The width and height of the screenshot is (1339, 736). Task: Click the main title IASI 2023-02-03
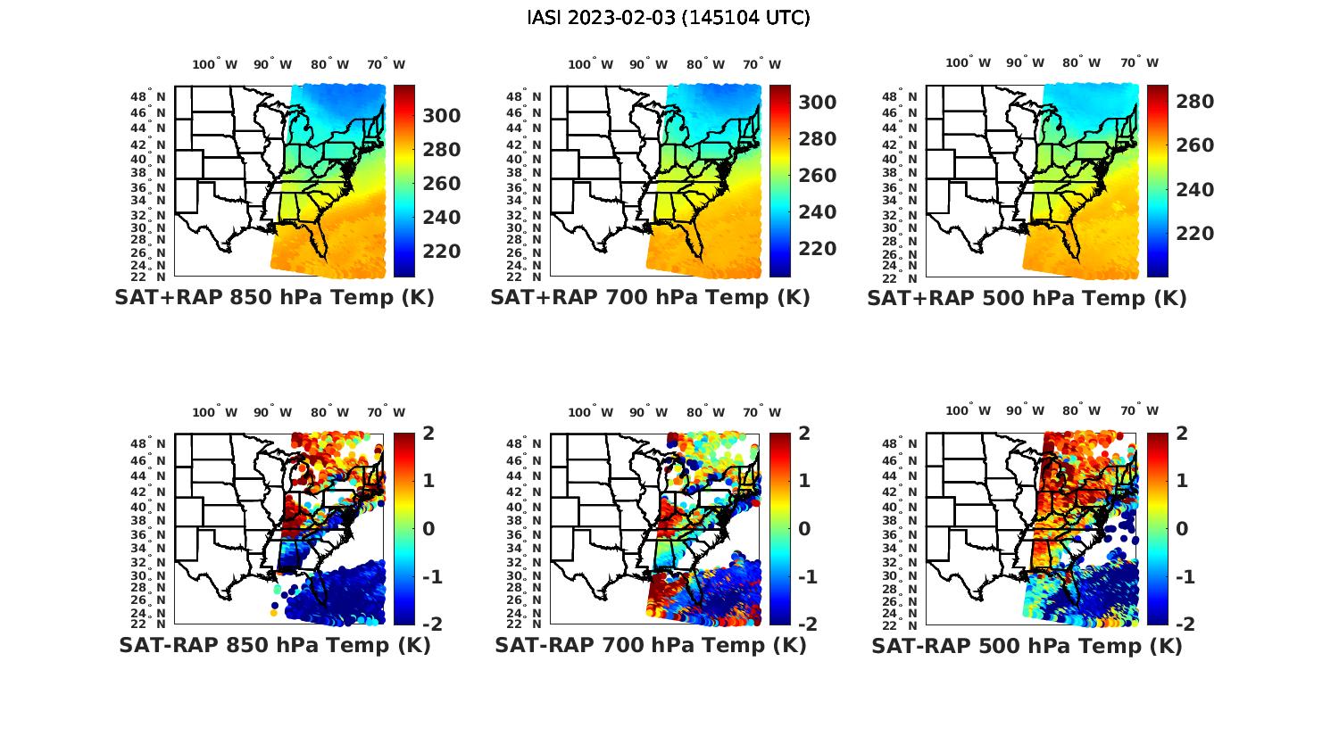(669, 18)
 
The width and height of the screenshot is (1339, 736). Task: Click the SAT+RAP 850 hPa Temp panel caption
(274, 298)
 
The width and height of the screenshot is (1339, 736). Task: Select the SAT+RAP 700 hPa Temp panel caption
(650, 298)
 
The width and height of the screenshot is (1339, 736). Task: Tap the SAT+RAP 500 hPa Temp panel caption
(1027, 299)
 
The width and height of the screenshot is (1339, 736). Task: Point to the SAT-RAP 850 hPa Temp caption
(274, 645)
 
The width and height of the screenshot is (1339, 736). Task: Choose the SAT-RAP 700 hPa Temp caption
(650, 645)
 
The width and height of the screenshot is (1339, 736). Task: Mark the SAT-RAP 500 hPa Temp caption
(1027, 646)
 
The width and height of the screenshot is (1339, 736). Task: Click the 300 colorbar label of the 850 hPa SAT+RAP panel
(441, 116)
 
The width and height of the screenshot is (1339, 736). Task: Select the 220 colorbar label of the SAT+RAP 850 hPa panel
(441, 252)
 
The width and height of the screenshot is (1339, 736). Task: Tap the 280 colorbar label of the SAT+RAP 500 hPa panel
(1194, 102)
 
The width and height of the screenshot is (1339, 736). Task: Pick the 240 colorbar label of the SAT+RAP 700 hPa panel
(817, 212)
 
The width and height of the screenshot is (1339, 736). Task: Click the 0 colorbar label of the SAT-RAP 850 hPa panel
(428, 528)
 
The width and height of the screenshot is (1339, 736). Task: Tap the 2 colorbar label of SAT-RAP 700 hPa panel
(803, 434)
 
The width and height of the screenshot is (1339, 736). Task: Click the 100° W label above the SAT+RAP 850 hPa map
(214, 64)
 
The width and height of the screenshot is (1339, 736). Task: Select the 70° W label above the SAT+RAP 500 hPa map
(1140, 62)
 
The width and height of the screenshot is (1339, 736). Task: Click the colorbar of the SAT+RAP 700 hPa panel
(779, 181)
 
